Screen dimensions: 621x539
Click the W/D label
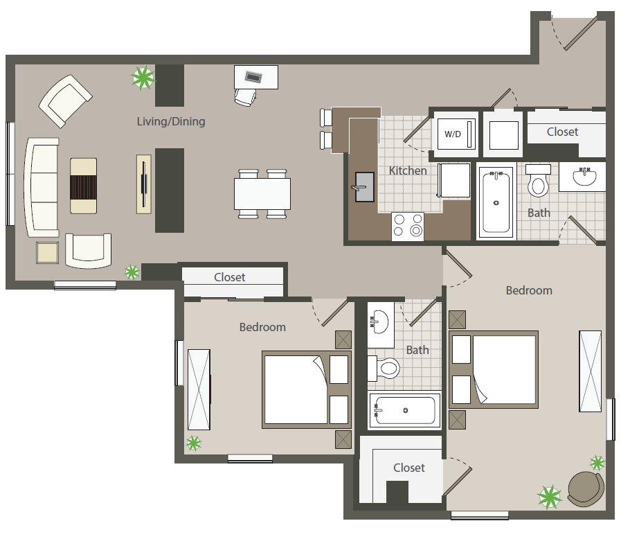pos(453,134)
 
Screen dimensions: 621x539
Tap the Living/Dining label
pos(171,121)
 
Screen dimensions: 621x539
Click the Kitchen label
pos(408,170)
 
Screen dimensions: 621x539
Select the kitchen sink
pos(364,186)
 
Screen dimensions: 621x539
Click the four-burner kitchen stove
pos(408,227)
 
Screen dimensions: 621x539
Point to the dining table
pos(262,194)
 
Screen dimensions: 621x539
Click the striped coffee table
pos(84,186)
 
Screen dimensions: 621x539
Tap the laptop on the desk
pos(253,76)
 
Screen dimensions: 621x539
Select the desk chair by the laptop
pos(245,98)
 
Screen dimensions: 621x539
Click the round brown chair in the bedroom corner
pos(586,488)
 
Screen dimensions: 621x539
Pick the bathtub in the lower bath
pos(404,411)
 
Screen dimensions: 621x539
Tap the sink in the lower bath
pos(381,322)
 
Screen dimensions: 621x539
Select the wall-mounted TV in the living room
pos(144,184)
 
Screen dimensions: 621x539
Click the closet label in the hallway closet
pos(229,277)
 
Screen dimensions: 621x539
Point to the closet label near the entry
pos(562,132)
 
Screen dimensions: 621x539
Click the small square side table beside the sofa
pos(48,253)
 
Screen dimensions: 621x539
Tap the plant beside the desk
pos(143,78)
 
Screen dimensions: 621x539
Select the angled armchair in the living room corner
pos(65,101)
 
